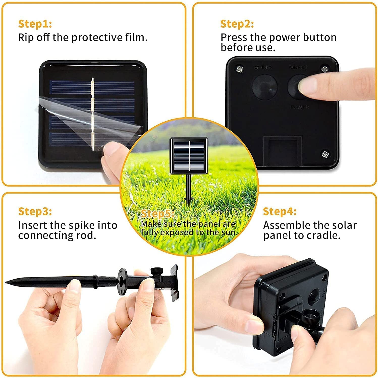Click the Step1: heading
pos(35,24)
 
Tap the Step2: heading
pos(237,24)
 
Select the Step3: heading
pos(35,211)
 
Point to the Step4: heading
pos(280,211)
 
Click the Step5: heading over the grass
pos(157,214)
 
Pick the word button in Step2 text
pos(320,37)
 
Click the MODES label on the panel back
pos(263,67)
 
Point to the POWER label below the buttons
pos(300,107)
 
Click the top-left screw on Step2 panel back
pos(239,68)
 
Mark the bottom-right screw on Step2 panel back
pos(325,154)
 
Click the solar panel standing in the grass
pos(189,156)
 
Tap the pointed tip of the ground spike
pos(8,281)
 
